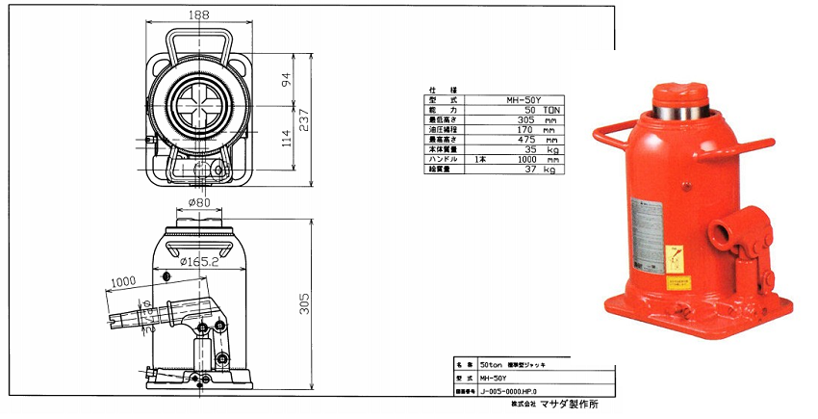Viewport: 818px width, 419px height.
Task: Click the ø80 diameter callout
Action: (199, 203)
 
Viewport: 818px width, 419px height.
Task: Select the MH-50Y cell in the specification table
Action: (524, 98)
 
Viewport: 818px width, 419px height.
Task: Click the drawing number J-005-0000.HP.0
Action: (514, 392)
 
